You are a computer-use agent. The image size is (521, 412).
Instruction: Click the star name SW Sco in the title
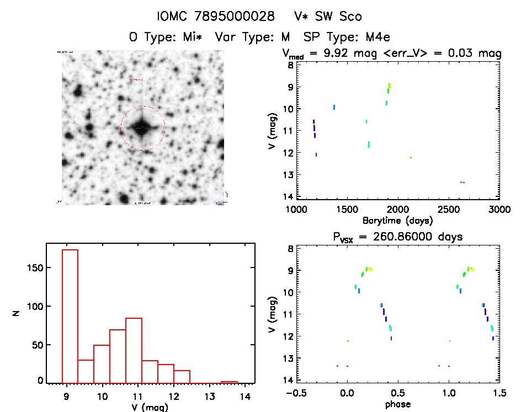337,17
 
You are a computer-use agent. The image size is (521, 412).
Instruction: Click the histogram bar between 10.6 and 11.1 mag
134,349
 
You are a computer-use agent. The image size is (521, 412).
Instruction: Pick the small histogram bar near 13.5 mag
229,381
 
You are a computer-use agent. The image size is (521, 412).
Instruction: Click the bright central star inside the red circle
142,127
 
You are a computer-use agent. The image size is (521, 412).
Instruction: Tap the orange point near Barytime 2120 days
411,157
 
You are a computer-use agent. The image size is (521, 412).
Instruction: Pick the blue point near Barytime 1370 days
334,107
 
